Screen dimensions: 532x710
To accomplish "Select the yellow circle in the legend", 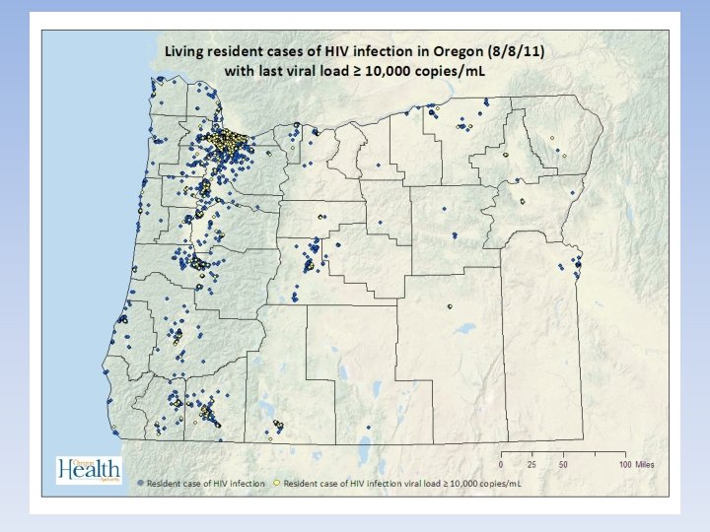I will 277,486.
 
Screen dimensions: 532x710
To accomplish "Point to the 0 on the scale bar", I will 502,464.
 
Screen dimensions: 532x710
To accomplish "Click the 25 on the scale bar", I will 533,464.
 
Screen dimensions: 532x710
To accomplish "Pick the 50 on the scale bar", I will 564,464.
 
